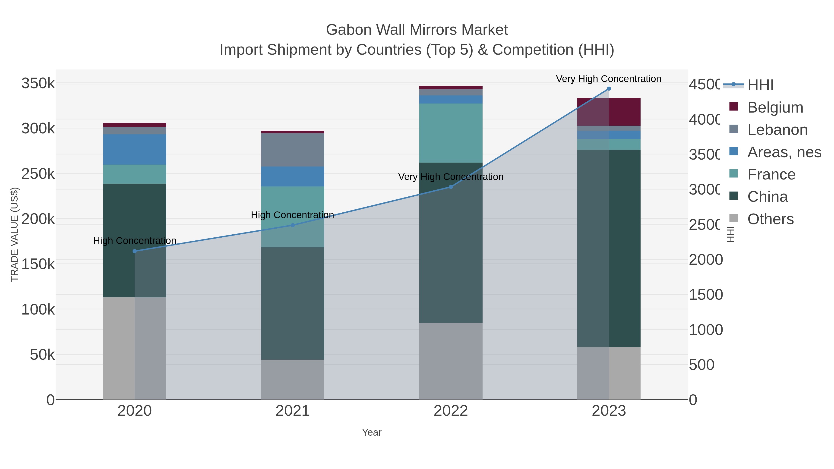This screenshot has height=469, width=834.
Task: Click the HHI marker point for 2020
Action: [135, 251]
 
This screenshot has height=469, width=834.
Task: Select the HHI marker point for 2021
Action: [293, 225]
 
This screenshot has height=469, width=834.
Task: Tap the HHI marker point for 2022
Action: [451, 187]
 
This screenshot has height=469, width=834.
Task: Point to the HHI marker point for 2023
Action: [609, 89]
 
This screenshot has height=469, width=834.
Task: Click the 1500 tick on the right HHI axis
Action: [705, 295]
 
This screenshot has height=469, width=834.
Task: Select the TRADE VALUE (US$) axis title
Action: [15, 234]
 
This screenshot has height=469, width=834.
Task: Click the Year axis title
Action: [372, 432]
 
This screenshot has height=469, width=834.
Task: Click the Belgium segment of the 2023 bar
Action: [609, 112]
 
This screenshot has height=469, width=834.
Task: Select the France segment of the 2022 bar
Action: [451, 133]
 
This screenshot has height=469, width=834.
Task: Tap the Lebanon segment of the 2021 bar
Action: [293, 150]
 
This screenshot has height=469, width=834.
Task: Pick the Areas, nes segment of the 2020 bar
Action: [135, 150]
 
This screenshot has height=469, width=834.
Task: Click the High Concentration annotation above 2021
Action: [292, 215]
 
